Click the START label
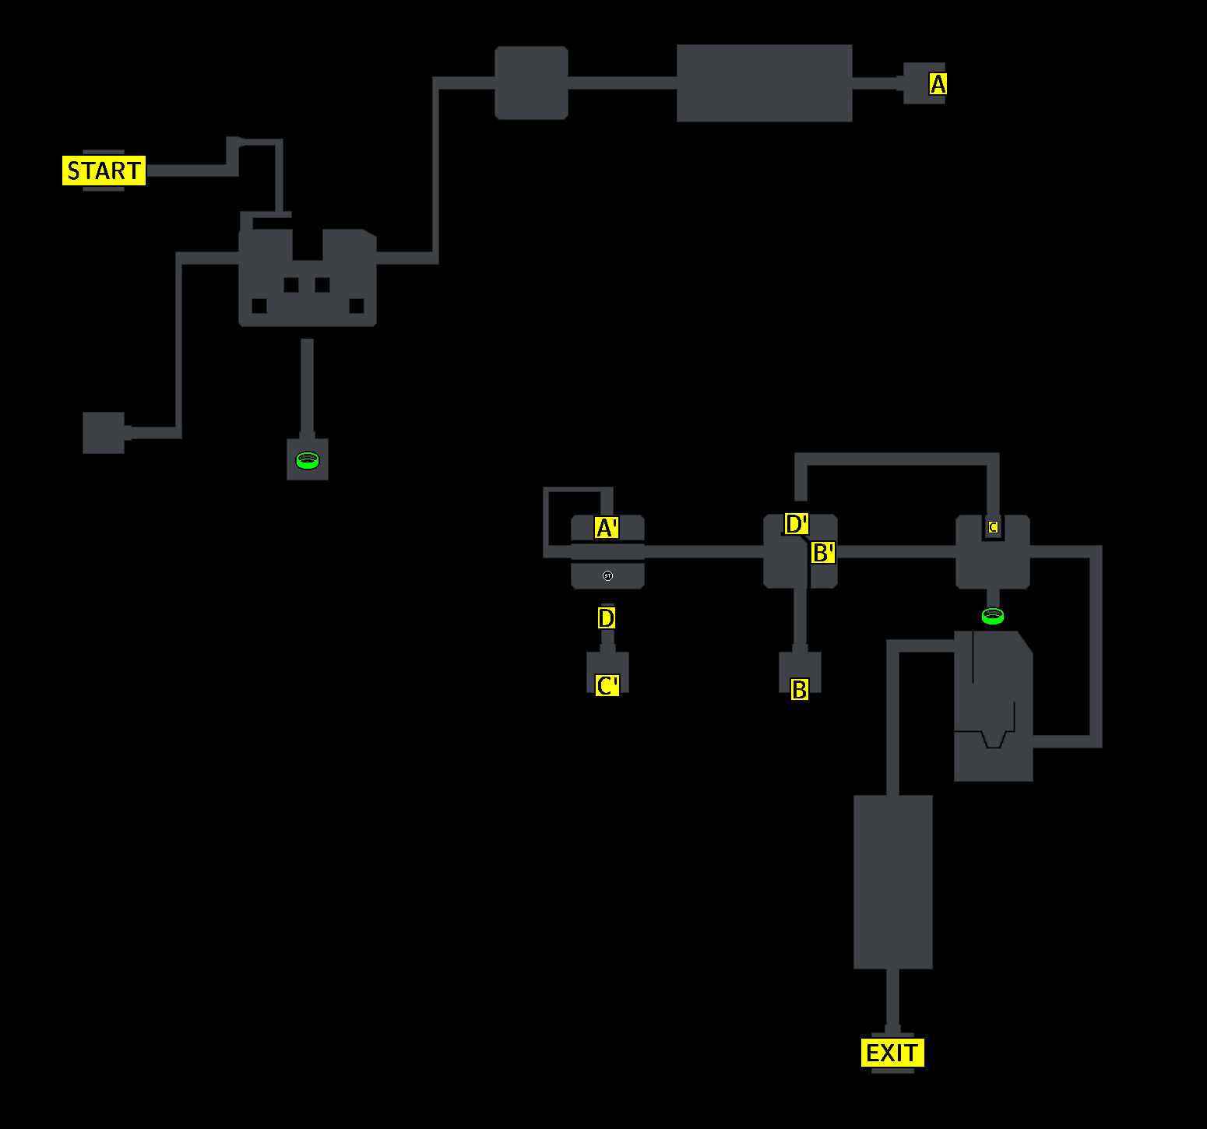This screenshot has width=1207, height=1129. point(104,171)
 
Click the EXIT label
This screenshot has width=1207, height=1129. point(892,1053)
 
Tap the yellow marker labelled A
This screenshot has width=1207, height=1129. point(938,83)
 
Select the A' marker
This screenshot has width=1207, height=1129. point(606,528)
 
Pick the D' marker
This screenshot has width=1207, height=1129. point(796,524)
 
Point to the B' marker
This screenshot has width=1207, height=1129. point(823,553)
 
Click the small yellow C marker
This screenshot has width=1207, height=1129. point(993,527)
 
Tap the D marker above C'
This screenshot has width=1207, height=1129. point(607,618)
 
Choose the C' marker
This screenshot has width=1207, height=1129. point(607,685)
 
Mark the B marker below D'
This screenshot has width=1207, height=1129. point(799,689)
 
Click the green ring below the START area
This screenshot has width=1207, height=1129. point(308,460)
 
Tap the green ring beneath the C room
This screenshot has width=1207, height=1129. point(993,616)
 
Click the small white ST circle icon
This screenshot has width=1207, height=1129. point(608,576)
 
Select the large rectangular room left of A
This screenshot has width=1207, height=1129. point(764,83)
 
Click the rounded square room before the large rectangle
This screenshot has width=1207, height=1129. point(531,83)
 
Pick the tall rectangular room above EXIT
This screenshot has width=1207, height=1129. point(892,881)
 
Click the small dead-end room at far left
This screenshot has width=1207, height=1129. point(104,433)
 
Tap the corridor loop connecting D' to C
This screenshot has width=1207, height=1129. point(896,459)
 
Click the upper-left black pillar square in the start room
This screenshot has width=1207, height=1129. point(291,285)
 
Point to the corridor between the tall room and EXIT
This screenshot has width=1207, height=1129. point(892,1001)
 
